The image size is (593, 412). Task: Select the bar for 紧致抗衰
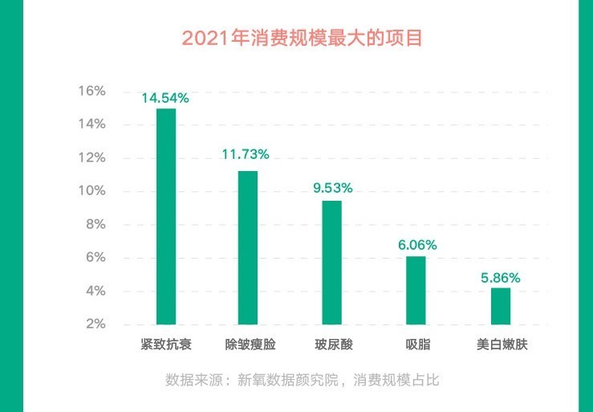(x=166, y=216)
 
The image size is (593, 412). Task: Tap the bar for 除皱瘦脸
(x=248, y=247)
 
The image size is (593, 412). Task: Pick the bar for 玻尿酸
(x=331, y=262)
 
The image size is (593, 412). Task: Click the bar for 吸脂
(x=416, y=290)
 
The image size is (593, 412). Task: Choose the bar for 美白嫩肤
(x=500, y=305)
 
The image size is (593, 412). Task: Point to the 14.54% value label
(x=165, y=98)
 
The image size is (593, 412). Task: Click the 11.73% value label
(x=246, y=153)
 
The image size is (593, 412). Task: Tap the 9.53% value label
(x=331, y=188)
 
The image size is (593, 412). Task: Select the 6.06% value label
(x=416, y=244)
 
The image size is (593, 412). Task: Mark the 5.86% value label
(x=500, y=278)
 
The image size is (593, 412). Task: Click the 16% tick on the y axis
(x=91, y=91)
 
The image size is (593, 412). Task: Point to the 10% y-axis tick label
(x=91, y=191)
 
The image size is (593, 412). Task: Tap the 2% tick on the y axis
(x=94, y=324)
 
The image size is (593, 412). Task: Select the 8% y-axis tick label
(x=94, y=224)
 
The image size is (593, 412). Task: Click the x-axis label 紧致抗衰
(x=165, y=345)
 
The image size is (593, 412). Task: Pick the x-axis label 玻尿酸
(x=333, y=345)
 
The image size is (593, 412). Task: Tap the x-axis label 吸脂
(x=417, y=345)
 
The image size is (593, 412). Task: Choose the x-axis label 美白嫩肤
(x=502, y=345)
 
